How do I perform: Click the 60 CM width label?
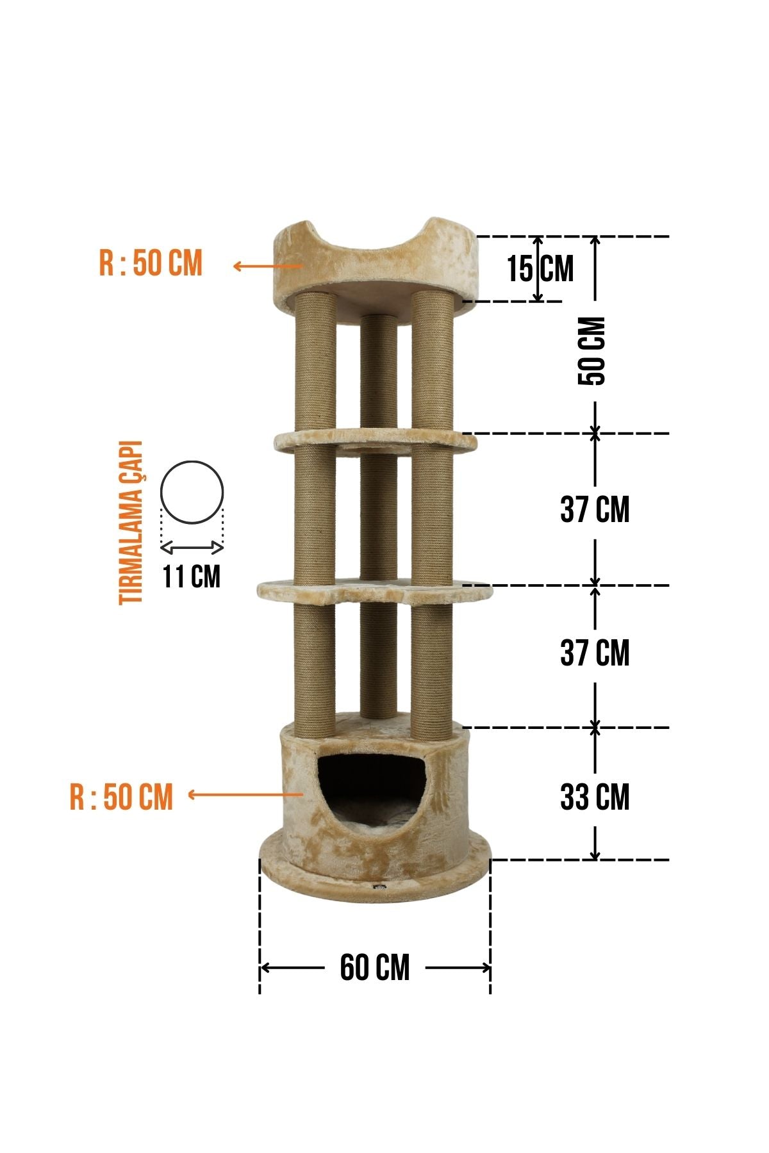pos(375,967)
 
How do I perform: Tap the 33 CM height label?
pos(595,797)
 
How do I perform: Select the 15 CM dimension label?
pos(540,268)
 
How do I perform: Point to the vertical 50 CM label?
pos(591,350)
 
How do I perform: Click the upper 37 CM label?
pos(595,510)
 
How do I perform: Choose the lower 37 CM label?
pos(595,653)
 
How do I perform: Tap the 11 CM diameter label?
pos(191,576)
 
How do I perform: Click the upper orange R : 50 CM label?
pos(151,263)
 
